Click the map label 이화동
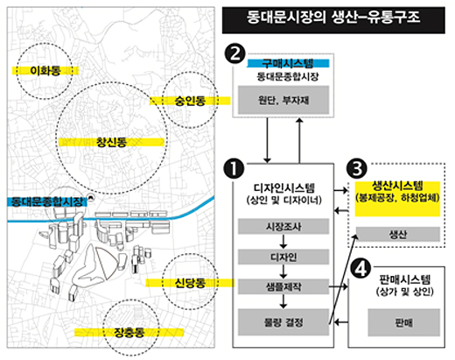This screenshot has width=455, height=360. point(45,71)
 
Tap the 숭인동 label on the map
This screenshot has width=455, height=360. point(190,101)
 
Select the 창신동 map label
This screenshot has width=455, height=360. point(111,142)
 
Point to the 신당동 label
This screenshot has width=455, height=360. point(190,283)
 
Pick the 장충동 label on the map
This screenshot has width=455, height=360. point(129,332)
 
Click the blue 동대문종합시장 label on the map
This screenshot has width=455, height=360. point(46,202)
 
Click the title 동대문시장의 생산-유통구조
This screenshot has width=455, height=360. point(333,18)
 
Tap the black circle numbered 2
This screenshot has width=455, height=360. point(234,53)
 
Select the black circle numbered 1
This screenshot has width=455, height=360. point(234,168)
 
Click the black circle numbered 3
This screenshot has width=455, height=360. point(357,168)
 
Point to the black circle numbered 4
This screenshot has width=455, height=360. point(360,269)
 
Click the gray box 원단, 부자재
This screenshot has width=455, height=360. point(283,100)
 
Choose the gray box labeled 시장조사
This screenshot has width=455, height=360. point(283,227)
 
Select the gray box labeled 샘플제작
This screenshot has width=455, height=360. point(283,286)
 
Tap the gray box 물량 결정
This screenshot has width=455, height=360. point(283,322)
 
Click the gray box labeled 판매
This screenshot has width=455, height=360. point(404,322)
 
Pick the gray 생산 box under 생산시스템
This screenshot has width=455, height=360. point(398,234)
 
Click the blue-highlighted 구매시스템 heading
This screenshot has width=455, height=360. point(288,63)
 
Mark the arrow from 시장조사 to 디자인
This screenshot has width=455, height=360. point(283,242)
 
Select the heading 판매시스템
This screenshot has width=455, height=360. point(405,279)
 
